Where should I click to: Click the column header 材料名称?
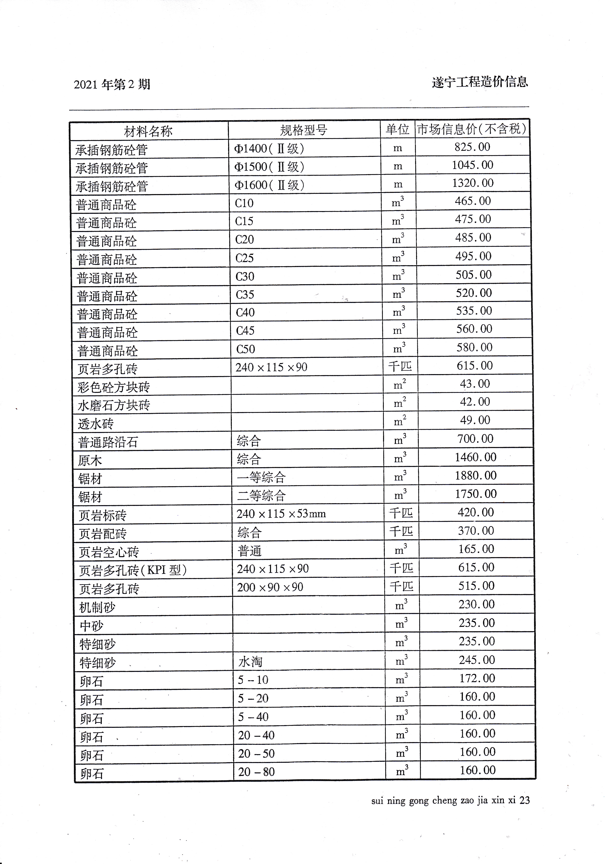(x=148, y=131)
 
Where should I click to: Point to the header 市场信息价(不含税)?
(x=472, y=129)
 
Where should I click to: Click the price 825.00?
(x=472, y=147)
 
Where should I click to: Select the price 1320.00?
(x=473, y=183)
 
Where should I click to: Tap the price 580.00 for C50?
(x=474, y=347)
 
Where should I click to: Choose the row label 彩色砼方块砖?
(x=114, y=387)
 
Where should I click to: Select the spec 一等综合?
(x=261, y=477)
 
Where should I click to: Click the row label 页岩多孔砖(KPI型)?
(x=133, y=570)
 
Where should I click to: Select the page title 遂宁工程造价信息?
(x=480, y=82)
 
